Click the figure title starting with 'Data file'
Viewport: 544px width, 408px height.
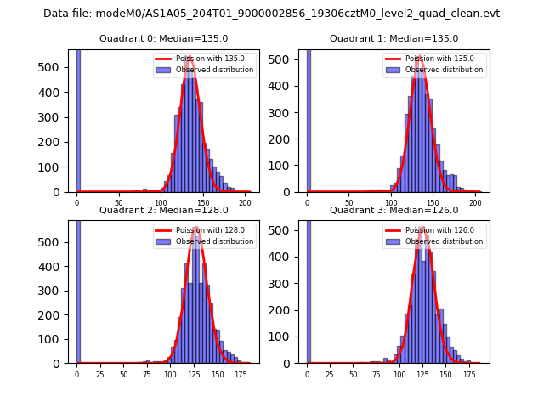(271, 14)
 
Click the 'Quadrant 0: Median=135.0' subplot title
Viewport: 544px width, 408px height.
(163, 38)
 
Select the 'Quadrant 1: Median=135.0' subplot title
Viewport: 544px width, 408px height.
(394, 38)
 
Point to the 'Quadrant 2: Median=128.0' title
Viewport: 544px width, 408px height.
(163, 210)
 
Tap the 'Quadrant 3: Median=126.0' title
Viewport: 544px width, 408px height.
(394, 210)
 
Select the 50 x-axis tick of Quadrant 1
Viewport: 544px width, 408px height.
(349, 203)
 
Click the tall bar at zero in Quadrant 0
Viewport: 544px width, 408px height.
(78, 119)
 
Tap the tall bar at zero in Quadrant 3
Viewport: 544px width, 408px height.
(309, 289)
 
